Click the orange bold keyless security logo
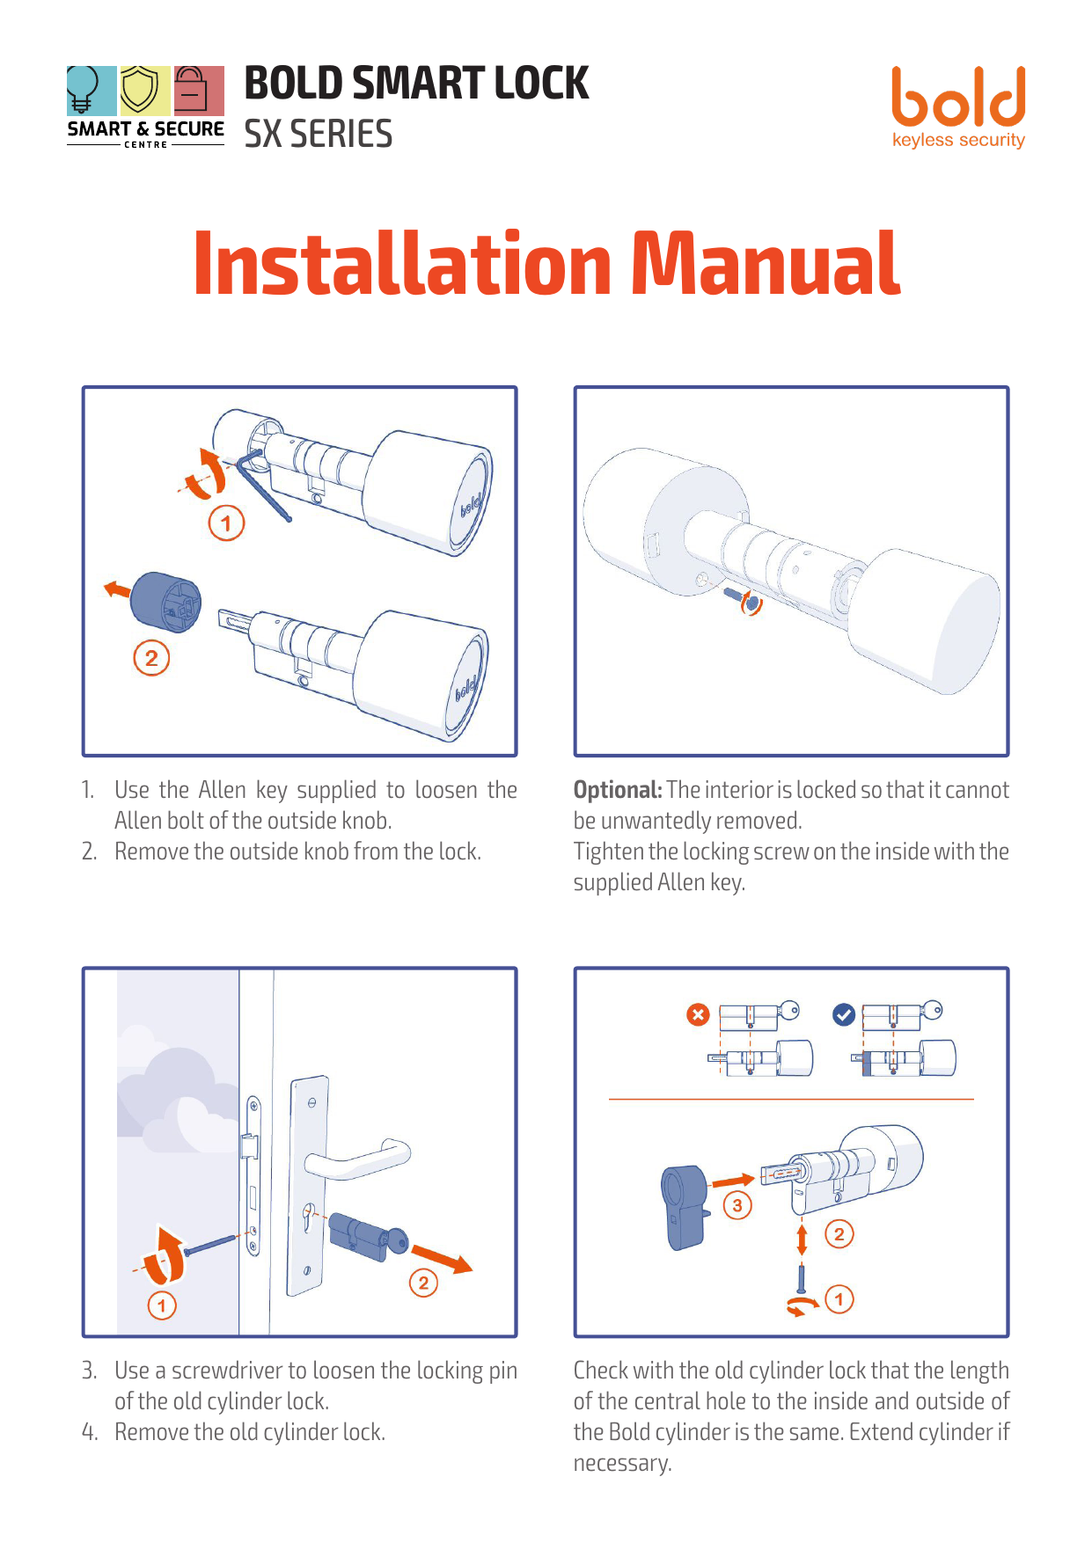tap(957, 106)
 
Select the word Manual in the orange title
tap(765, 263)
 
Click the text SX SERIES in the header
tap(318, 135)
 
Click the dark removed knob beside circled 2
tap(165, 602)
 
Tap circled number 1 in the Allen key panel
tap(226, 524)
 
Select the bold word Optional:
tap(617, 790)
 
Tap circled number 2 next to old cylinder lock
tap(423, 1283)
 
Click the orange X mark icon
tap(698, 1015)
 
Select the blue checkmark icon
tap(843, 1015)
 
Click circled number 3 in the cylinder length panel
tap(737, 1205)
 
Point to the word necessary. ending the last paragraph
tap(622, 1463)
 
